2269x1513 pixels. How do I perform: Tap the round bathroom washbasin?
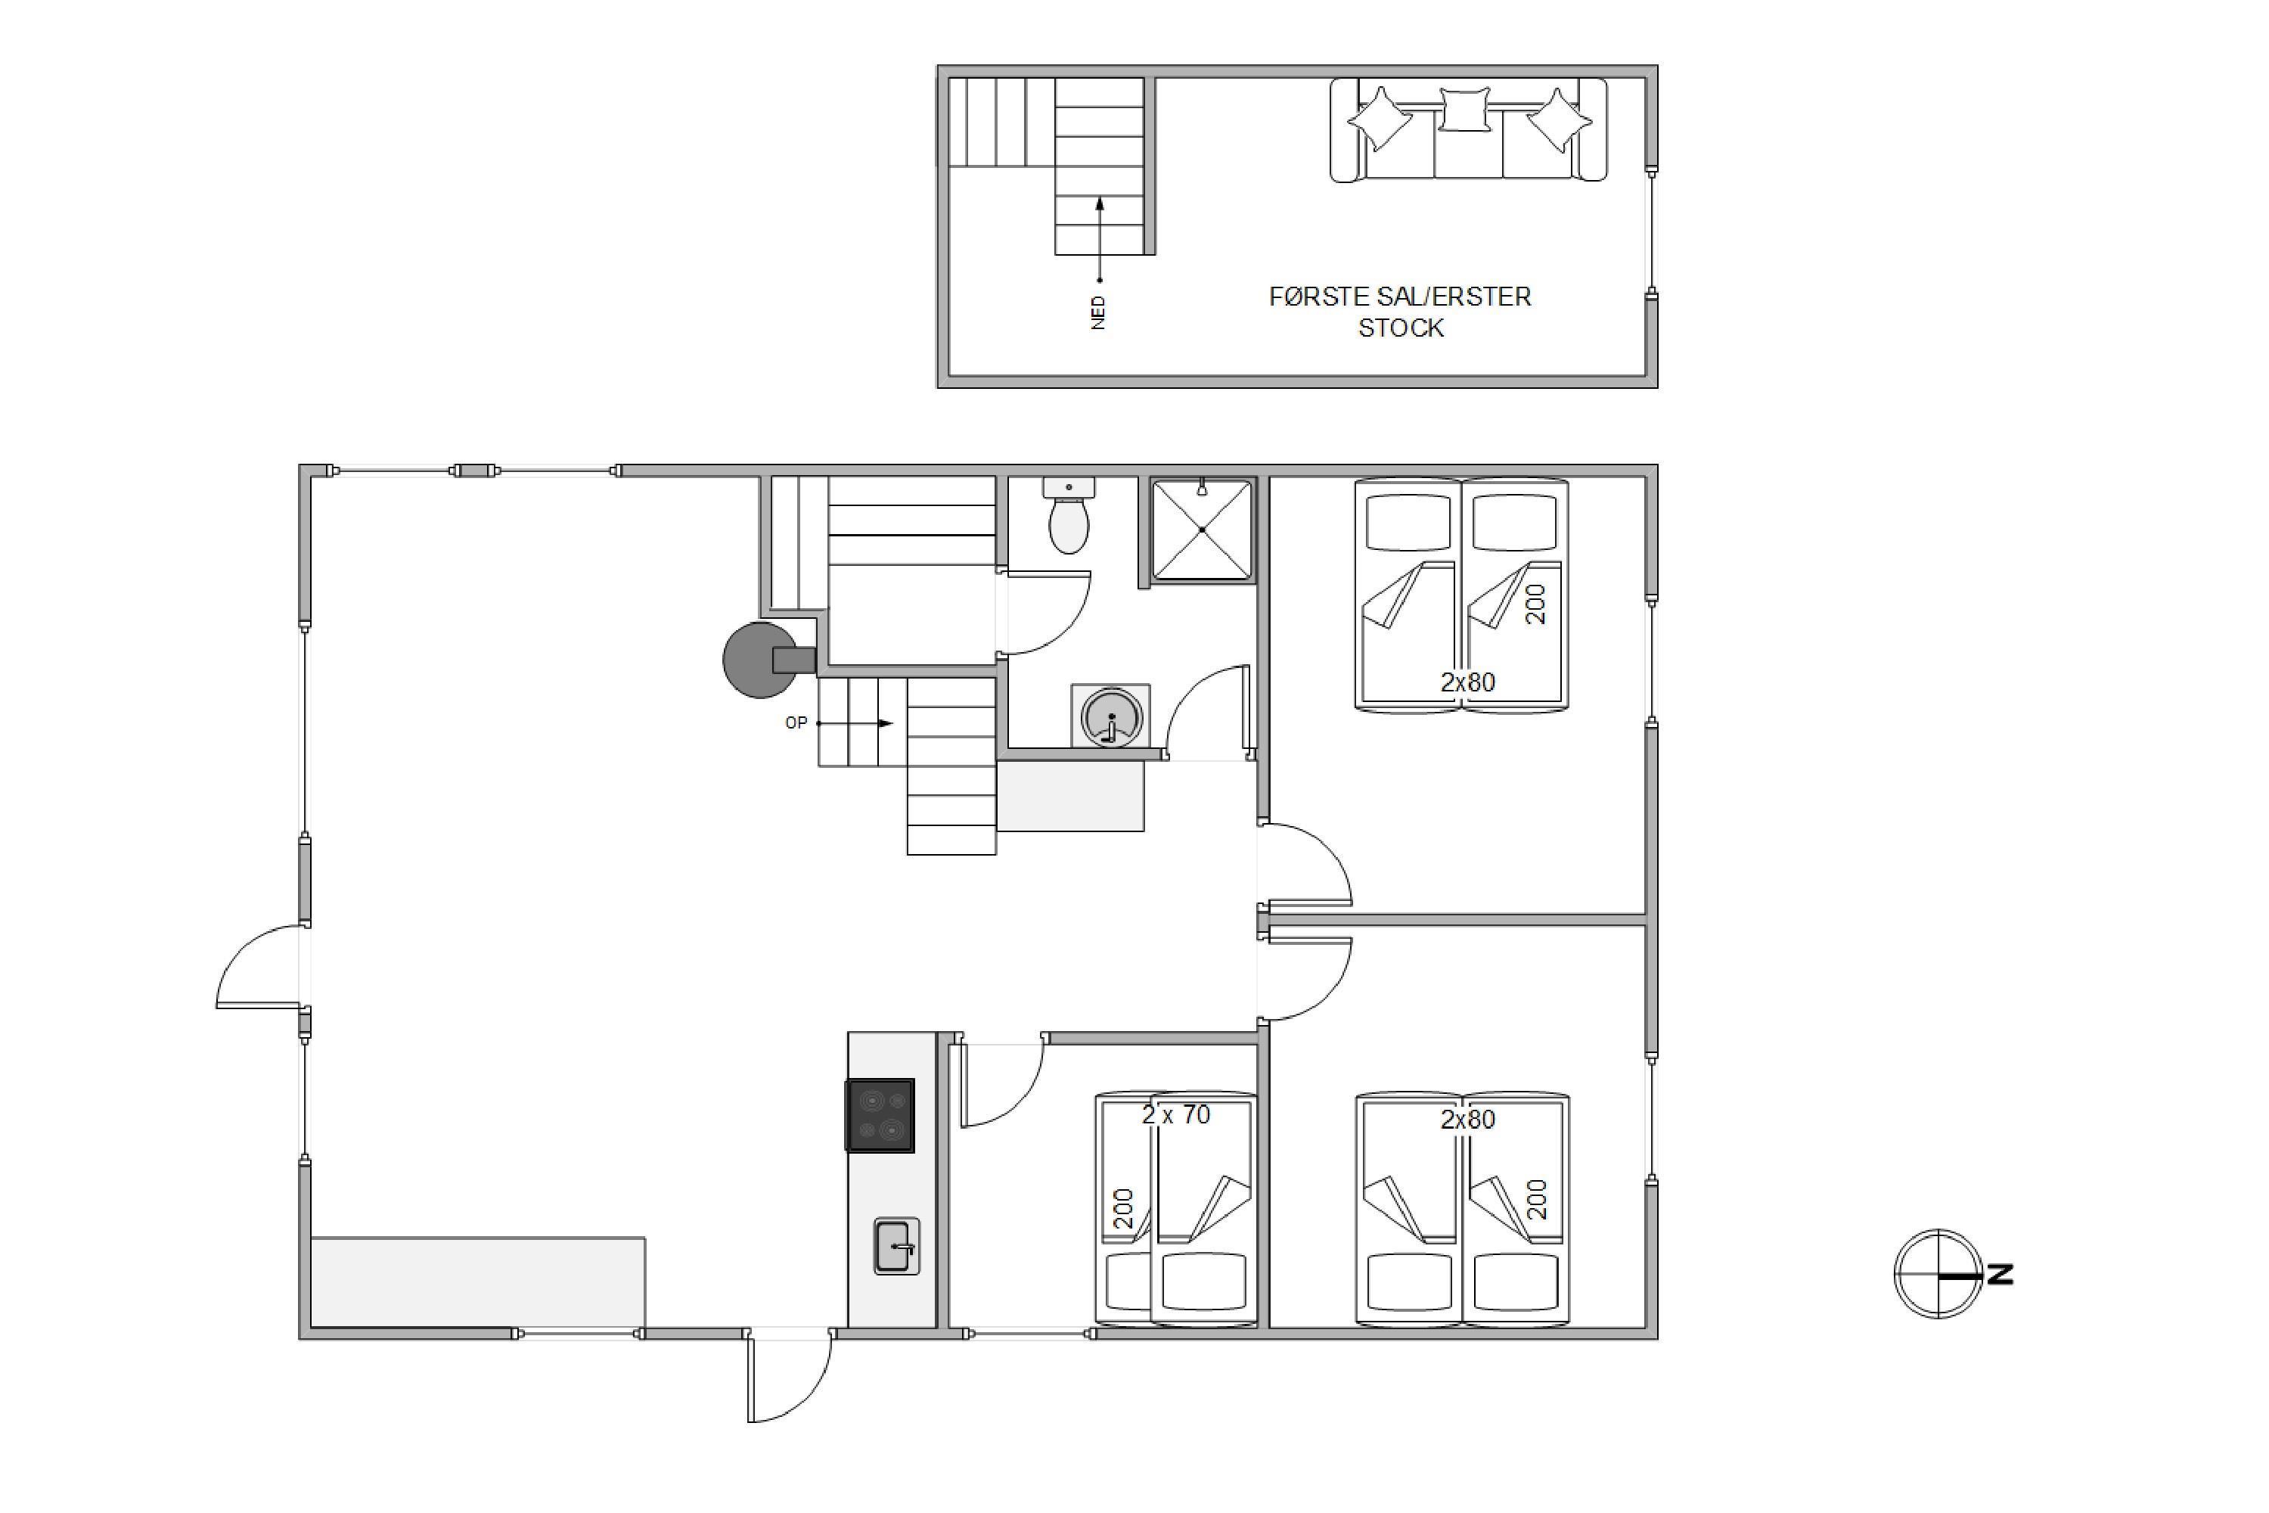point(1110,716)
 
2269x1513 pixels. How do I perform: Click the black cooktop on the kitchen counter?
point(880,1115)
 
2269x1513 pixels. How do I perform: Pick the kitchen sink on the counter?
point(896,1246)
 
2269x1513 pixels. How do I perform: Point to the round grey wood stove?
point(761,660)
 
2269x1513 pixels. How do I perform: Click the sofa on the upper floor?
point(1468,130)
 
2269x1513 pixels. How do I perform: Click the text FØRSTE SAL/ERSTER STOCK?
point(1400,312)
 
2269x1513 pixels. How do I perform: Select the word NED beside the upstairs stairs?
point(1098,312)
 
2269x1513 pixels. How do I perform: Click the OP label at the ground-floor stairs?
point(796,722)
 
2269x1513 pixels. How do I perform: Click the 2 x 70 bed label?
point(1176,1114)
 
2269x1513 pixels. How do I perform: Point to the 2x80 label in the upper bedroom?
point(1467,682)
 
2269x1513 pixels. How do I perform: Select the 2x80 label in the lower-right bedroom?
point(1467,1120)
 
